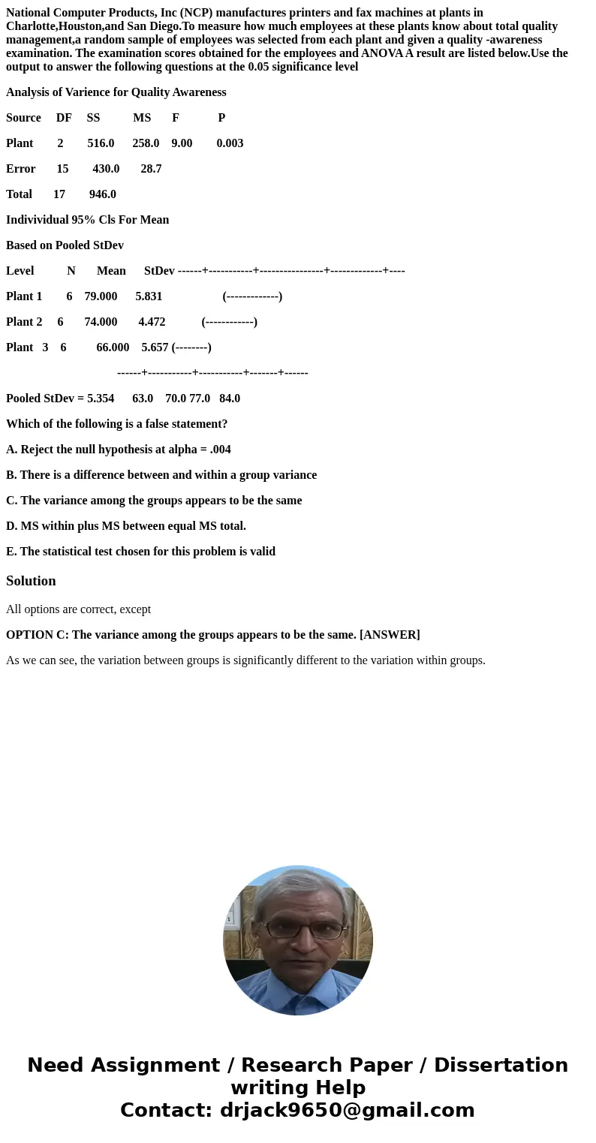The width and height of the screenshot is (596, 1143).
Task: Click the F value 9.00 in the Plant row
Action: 182,143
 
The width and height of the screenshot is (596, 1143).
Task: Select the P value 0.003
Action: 230,143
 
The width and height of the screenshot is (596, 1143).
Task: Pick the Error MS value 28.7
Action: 151,169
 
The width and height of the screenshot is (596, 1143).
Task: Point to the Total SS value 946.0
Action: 103,194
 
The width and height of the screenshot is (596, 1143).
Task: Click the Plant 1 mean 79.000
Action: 101,296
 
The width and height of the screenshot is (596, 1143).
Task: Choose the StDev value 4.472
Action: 152,322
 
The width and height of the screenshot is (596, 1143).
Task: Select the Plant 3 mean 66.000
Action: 113,347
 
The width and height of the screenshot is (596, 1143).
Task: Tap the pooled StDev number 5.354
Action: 101,399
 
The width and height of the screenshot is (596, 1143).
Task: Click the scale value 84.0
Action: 230,399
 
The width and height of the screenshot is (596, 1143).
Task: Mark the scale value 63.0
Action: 143,399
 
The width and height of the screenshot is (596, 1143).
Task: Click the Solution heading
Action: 31,581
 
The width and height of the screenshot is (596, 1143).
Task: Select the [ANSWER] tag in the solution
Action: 390,635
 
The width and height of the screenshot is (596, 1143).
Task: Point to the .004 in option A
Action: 220,450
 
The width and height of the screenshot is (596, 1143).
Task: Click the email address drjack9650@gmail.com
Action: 348,1111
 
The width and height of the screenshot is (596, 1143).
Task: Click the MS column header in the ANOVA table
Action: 142,118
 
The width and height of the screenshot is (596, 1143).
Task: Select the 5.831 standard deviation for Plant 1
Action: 149,296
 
